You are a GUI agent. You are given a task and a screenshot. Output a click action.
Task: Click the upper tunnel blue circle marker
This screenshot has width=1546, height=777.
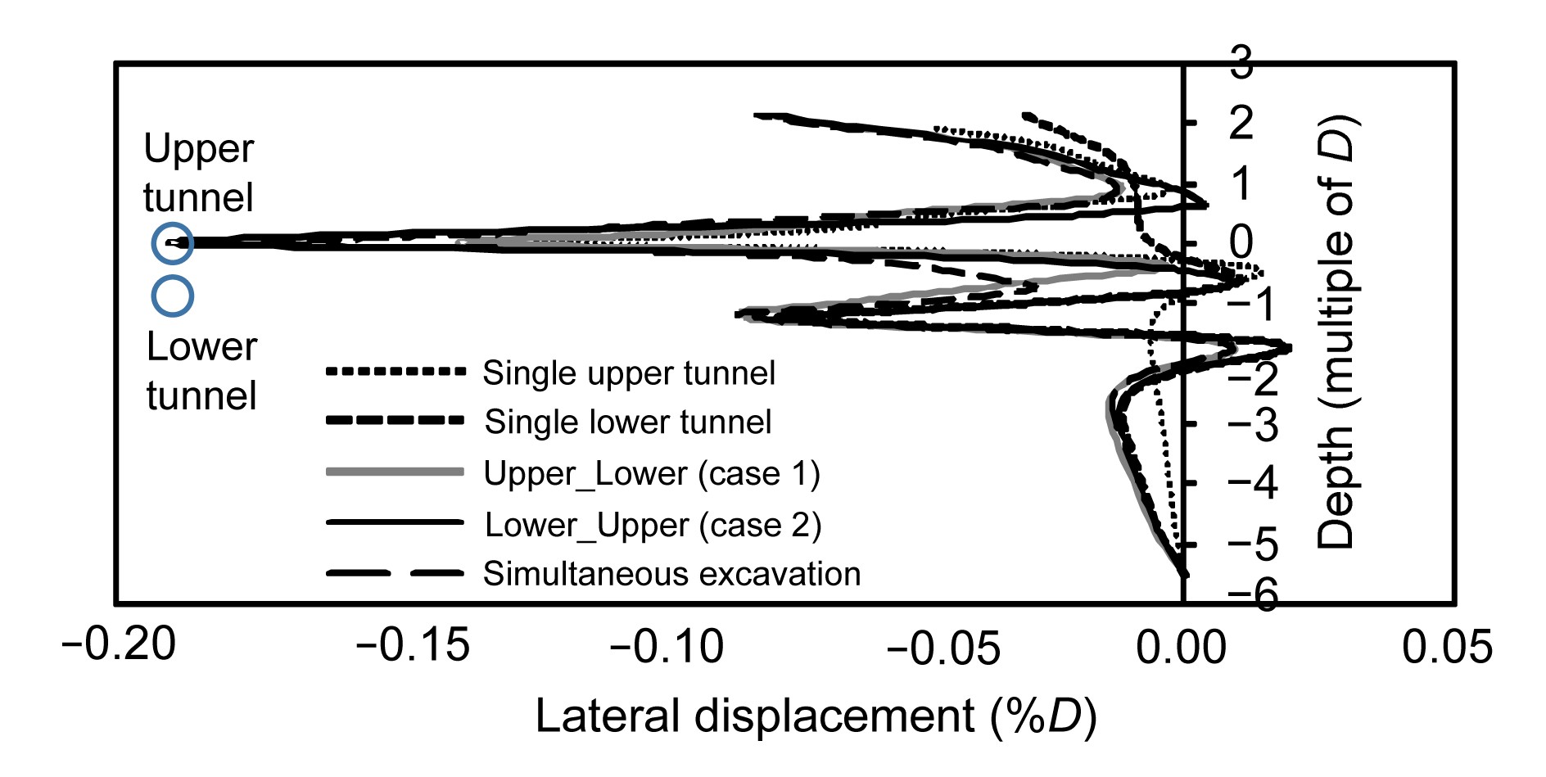172,243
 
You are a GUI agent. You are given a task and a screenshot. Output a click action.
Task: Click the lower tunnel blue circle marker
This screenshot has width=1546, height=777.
172,296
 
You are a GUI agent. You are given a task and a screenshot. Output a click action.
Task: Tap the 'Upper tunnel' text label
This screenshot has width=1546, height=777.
198,174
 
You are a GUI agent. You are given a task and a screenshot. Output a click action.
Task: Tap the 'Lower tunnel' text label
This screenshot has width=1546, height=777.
201,372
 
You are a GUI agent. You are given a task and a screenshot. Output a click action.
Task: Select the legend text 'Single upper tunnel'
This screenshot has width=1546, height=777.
628,373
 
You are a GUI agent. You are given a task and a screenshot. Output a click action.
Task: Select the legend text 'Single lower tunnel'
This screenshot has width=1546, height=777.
628,422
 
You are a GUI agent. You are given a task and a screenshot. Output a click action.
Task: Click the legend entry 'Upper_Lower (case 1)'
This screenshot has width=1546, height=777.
652,474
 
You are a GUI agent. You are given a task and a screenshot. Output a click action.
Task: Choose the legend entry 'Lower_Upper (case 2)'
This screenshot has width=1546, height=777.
653,525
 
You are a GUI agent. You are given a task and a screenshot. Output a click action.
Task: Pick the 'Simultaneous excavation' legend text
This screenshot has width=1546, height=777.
671,574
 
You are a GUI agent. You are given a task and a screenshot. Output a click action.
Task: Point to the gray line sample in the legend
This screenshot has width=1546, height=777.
395,472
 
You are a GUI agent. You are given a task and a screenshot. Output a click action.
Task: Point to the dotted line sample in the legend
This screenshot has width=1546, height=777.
395,372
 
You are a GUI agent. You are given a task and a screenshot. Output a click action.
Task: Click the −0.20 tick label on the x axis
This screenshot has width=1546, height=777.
119,645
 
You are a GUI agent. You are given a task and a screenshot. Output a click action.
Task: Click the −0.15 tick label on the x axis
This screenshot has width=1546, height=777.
413,645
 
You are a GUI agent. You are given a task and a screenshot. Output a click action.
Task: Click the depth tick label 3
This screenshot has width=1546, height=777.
1241,64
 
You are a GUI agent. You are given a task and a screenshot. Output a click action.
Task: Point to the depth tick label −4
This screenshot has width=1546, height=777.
1253,484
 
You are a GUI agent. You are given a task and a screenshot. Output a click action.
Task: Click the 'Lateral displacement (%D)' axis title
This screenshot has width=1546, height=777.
816,716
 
